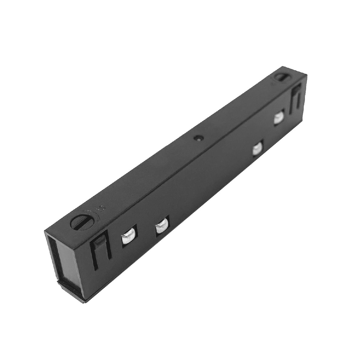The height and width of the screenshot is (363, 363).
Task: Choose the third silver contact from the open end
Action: click(x=258, y=149)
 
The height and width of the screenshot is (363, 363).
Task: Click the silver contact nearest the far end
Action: click(x=279, y=117)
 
